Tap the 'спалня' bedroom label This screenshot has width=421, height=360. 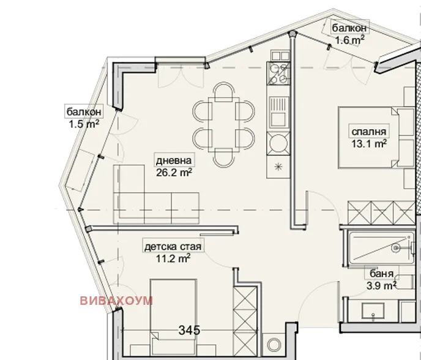pyautogui.click(x=368, y=132)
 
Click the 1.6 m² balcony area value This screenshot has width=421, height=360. pyautogui.click(x=349, y=40)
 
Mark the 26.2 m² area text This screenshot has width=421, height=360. pyautogui.click(x=174, y=173)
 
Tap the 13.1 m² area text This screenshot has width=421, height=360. pyautogui.click(x=368, y=144)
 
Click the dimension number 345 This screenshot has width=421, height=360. pyautogui.click(x=189, y=331)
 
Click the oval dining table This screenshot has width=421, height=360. pyautogui.click(x=223, y=124)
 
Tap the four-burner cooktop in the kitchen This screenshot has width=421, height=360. pyautogui.click(x=280, y=75)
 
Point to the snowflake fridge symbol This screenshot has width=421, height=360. pyautogui.click(x=280, y=166)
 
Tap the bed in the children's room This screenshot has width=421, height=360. pyautogui.click(x=174, y=312)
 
